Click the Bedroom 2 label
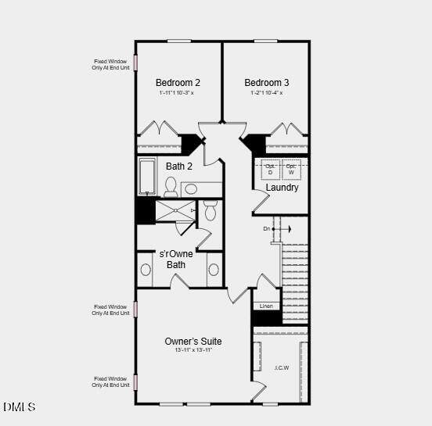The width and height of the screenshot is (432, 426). [178, 83]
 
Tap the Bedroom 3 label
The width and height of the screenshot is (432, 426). [266, 83]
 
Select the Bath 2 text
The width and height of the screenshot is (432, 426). [178, 166]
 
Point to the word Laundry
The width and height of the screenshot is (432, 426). [282, 188]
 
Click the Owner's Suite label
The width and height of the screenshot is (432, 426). [193, 341]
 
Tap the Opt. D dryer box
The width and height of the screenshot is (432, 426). [271, 169]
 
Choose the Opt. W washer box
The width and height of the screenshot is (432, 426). [291, 169]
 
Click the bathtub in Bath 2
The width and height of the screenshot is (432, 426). [147, 177]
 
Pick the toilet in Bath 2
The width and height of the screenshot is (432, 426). [171, 186]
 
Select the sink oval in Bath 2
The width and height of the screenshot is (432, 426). [192, 188]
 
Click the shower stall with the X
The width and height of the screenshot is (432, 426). [175, 210]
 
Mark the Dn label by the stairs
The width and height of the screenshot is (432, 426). [267, 228]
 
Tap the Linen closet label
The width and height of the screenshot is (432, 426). [266, 306]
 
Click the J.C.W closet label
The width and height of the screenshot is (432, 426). [281, 367]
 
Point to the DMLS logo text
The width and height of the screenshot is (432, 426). [20, 407]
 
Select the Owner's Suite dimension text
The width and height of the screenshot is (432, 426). [193, 350]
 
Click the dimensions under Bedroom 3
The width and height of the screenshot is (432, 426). [265, 93]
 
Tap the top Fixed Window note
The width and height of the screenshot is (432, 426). [110, 65]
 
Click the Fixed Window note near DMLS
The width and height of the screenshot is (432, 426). [110, 382]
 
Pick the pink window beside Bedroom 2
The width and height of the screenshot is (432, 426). [135, 62]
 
